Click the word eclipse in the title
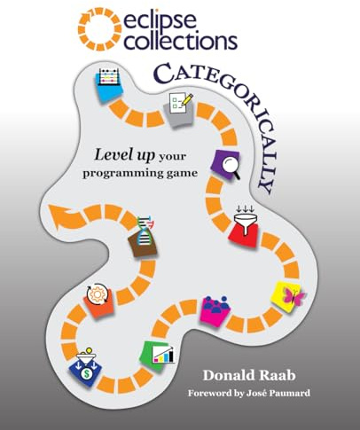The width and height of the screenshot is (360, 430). (160, 20)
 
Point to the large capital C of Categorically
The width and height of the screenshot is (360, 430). (163, 74)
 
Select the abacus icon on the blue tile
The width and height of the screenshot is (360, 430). (109, 76)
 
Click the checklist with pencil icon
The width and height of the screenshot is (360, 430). (181, 102)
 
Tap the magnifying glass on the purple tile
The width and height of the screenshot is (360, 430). (231, 167)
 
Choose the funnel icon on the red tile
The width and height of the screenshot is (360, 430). (245, 219)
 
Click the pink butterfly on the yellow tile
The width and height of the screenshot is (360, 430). (293, 296)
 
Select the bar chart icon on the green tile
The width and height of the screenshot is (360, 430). (163, 354)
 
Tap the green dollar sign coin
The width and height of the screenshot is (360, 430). (86, 373)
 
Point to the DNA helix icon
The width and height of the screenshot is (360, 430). (145, 231)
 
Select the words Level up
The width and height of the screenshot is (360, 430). (124, 155)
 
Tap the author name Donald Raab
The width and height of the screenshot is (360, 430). (249, 375)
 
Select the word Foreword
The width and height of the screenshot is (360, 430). (210, 393)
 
